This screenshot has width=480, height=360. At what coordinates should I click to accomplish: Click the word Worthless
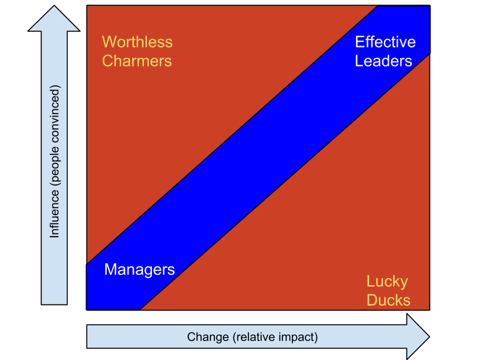137,42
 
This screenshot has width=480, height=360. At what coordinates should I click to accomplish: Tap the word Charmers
136,61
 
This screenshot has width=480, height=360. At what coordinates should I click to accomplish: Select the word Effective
385,42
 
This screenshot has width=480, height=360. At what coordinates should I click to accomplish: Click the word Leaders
383,61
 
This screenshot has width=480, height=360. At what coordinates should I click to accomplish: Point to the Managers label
139,270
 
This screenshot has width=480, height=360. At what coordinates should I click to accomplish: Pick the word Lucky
387,281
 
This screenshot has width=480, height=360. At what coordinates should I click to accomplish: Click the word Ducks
388,300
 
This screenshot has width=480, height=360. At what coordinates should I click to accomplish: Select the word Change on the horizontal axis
208,337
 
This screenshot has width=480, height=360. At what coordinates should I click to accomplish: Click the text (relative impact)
275,337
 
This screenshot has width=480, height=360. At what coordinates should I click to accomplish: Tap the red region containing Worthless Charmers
175,125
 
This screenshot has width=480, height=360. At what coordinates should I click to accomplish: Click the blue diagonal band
260,160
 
